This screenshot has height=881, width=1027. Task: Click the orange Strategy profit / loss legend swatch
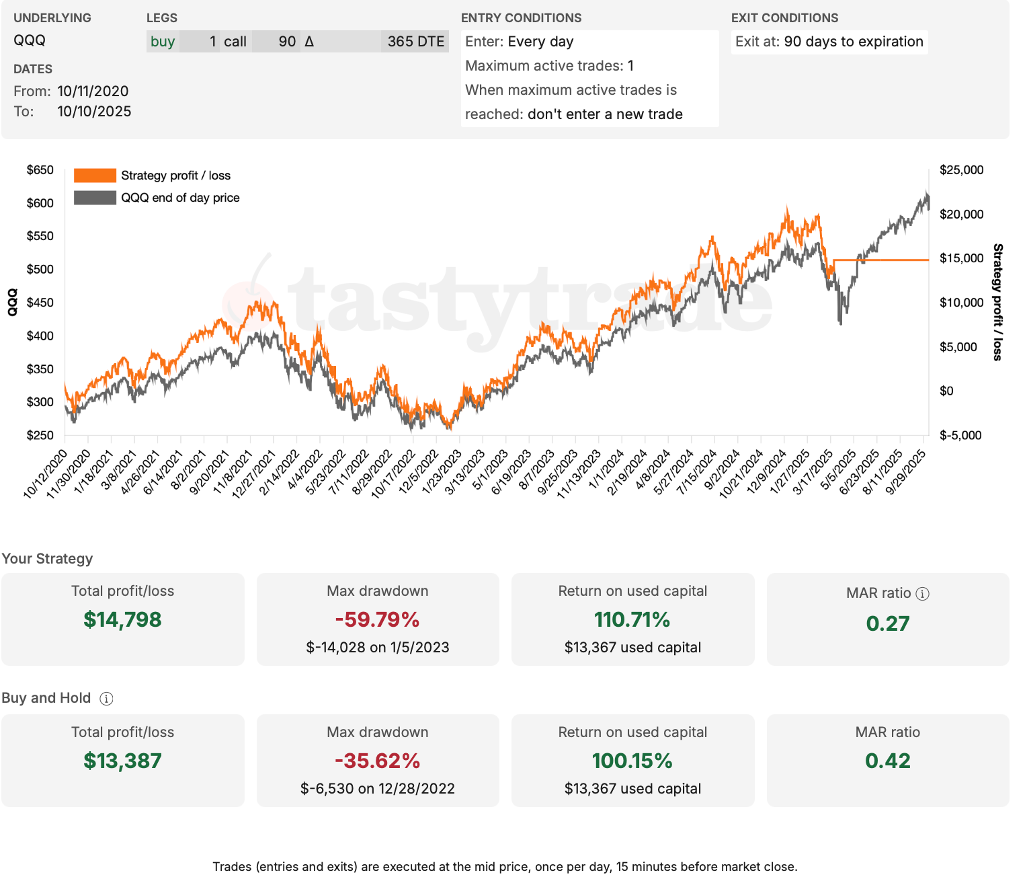point(95,176)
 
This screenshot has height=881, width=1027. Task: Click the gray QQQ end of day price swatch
point(95,198)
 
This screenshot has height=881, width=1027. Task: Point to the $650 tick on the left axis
point(40,170)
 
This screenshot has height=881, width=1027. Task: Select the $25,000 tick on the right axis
point(961,170)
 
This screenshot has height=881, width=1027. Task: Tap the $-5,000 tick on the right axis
point(960,435)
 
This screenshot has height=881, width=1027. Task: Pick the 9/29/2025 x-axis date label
point(907,472)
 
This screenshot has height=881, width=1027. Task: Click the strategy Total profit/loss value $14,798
point(122,619)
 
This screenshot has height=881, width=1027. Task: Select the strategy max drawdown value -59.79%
point(377,619)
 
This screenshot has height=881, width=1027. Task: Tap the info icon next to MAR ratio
point(923,593)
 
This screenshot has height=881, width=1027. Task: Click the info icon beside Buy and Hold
point(106,699)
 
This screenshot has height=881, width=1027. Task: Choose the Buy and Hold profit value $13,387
point(122,761)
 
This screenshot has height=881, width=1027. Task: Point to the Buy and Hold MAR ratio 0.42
point(887,761)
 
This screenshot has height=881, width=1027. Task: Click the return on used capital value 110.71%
point(632,619)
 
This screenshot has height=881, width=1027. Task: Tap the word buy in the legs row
point(163,42)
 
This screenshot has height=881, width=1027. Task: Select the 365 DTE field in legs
point(415,42)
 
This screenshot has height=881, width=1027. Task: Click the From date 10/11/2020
point(93,91)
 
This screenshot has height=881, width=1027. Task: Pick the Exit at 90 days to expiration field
point(829,42)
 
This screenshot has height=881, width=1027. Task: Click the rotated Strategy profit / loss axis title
point(997,302)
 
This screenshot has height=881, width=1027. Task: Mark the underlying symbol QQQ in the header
point(30,40)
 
